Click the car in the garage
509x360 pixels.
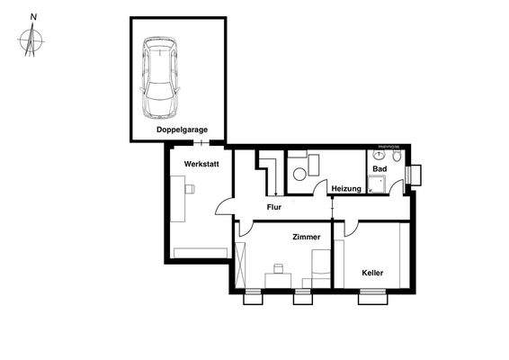(160, 79)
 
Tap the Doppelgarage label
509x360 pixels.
(182, 130)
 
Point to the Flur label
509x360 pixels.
(274, 208)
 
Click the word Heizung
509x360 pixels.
(345, 188)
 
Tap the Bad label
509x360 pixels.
(380, 168)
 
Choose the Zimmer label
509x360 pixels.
(307, 236)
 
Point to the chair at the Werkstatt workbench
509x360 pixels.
(190, 189)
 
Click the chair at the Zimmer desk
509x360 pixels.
(278, 268)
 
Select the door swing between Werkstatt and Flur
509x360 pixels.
(223, 207)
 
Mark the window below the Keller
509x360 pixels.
(371, 293)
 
